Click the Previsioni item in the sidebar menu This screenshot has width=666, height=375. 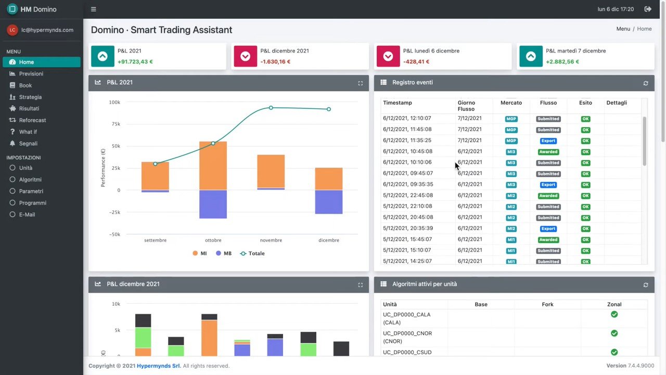[x=31, y=74]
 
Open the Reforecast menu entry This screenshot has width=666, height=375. [x=32, y=120]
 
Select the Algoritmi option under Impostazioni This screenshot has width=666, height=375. [x=30, y=180]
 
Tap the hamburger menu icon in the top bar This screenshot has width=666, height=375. [x=93, y=9]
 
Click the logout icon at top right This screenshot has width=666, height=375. [x=648, y=9]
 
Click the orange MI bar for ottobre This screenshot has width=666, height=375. [x=213, y=166]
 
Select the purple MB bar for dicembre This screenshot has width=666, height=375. [x=328, y=202]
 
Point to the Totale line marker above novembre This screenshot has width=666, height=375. [x=271, y=108]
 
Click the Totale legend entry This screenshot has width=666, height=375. [x=252, y=254]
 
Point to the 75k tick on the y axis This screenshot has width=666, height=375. [x=114, y=124]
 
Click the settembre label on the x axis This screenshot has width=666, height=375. [x=155, y=241]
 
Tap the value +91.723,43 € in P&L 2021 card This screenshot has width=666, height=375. [x=135, y=62]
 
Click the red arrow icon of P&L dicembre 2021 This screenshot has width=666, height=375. [x=245, y=56]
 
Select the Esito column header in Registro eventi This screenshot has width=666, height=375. [x=585, y=103]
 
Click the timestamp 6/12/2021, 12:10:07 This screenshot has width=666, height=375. [x=407, y=118]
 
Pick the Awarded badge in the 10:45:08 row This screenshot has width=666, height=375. [x=548, y=152]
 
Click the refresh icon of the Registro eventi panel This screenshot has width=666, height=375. [x=646, y=83]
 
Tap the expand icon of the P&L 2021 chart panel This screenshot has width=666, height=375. [x=360, y=83]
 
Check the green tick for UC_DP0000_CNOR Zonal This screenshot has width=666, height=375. [x=614, y=333]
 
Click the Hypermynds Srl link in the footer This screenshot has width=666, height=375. [x=159, y=366]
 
